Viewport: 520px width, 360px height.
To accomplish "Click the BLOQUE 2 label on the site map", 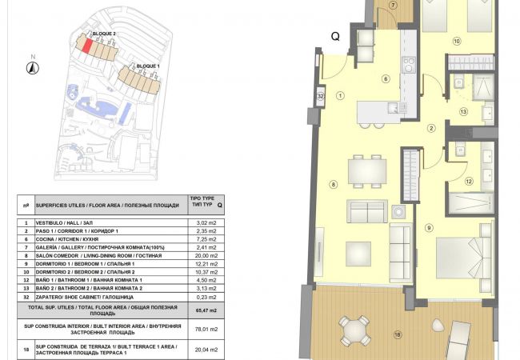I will pyautogui.click(x=104, y=34).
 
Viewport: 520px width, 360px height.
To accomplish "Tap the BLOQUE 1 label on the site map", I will pyautogui.click(x=148, y=66).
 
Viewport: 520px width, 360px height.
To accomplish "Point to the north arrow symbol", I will pyautogui.click(x=31, y=67).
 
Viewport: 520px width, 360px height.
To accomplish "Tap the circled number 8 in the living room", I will pyautogui.click(x=333, y=184).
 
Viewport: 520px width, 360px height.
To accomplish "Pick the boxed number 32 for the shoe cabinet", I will pyautogui.click(x=320, y=97).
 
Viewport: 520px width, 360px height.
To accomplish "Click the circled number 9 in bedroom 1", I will pyautogui.click(x=429, y=229).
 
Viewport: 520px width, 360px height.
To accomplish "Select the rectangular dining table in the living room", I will pyautogui.click(x=366, y=170).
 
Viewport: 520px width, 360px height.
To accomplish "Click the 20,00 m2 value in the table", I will pyautogui.click(x=207, y=255).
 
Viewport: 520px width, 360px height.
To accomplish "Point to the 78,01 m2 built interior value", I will pyautogui.click(x=207, y=328).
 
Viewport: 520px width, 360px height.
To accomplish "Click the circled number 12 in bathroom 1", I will pyautogui.click(x=470, y=182).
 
